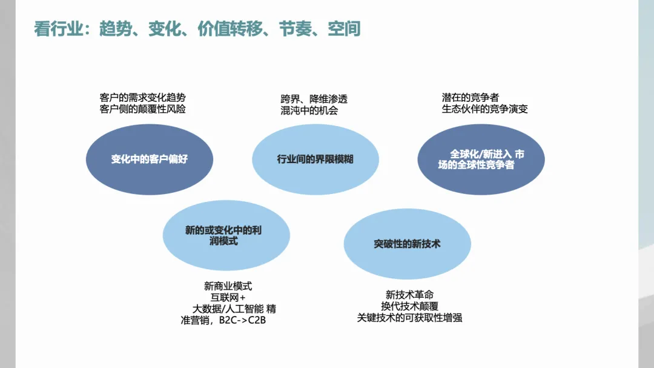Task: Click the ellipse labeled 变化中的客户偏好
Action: [x=150, y=159]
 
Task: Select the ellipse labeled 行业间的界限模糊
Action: [x=315, y=159]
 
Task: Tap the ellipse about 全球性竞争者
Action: [x=481, y=159]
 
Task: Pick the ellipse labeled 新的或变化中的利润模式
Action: [x=226, y=236]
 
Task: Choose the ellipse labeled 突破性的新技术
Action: [x=407, y=244]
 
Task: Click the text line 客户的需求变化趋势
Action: [x=142, y=98]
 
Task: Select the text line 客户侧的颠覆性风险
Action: [x=142, y=109]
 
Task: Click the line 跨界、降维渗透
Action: [x=314, y=99]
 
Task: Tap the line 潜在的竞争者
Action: [x=471, y=98]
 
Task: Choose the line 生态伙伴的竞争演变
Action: [x=484, y=109]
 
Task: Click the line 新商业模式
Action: [x=228, y=286]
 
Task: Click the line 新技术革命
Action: [x=409, y=295]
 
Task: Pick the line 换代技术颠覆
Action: [x=409, y=306]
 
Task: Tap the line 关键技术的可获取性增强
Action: [x=409, y=318]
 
